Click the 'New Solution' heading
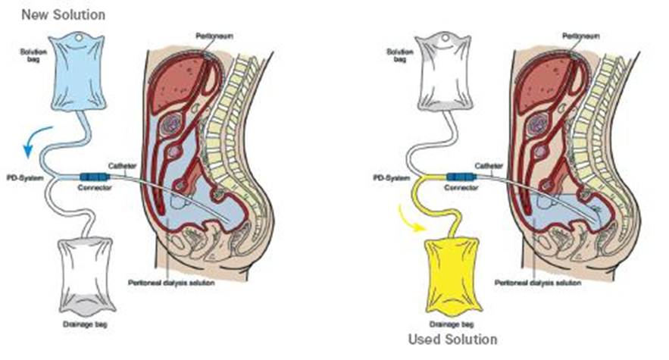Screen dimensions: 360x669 click(x=63, y=14)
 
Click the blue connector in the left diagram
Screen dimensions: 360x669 click(x=95, y=177)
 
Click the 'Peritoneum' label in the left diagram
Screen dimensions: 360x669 click(x=204, y=35)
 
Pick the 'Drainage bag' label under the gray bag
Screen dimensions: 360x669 click(x=83, y=325)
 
